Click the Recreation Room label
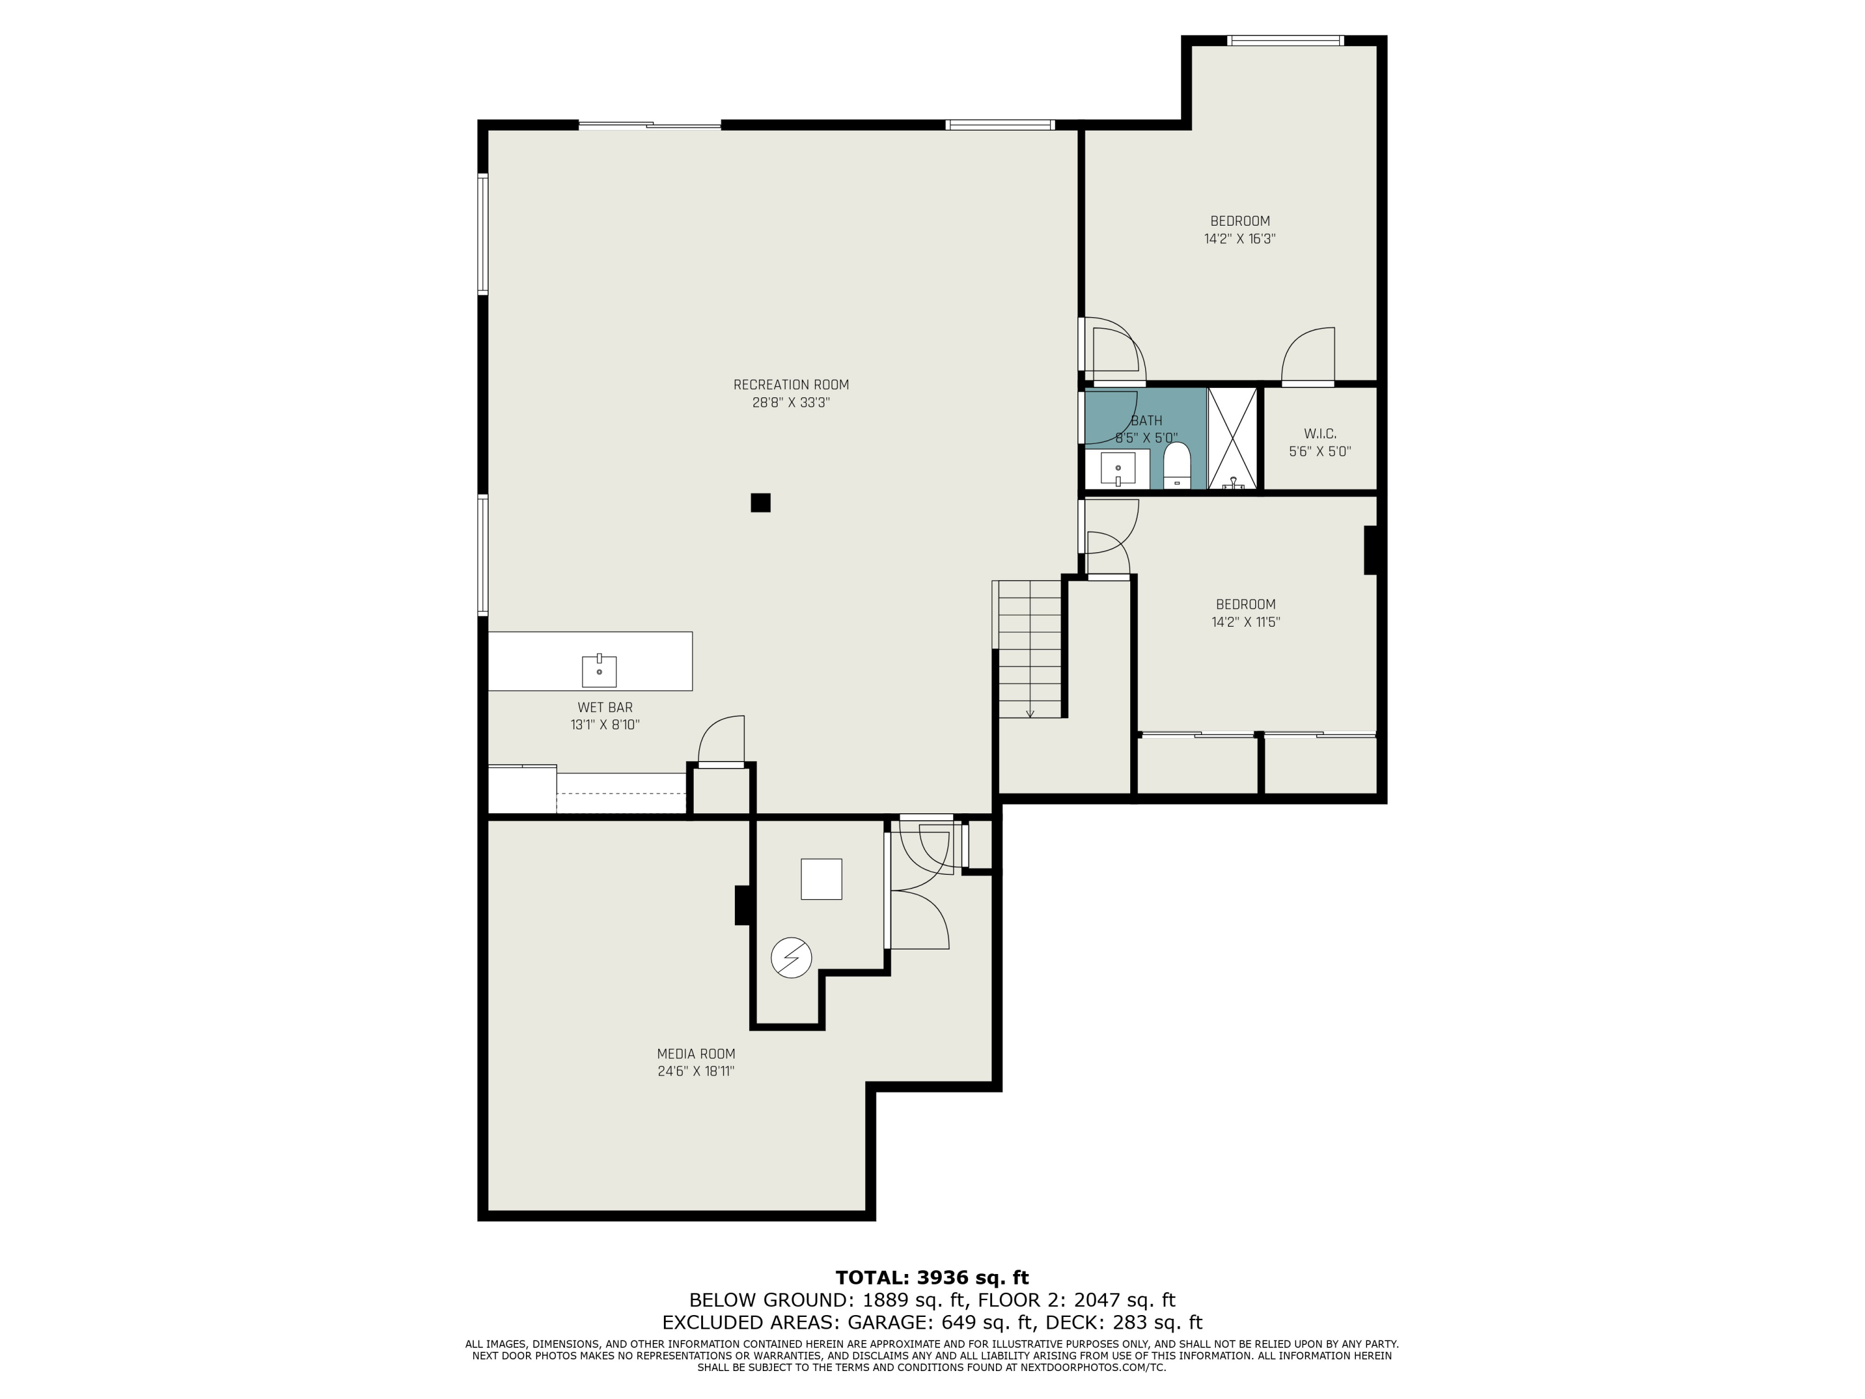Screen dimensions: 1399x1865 click(x=790, y=384)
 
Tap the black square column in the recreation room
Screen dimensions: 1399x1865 click(x=760, y=502)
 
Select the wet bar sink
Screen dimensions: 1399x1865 click(x=599, y=672)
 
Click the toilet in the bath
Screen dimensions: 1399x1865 click(x=1176, y=466)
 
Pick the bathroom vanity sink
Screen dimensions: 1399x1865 click(x=1118, y=469)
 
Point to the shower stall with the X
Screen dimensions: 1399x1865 click(x=1233, y=438)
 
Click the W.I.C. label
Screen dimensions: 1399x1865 click(x=1320, y=433)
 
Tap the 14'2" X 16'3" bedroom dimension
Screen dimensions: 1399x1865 click(x=1240, y=239)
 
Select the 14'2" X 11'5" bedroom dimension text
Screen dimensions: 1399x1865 click(x=1245, y=622)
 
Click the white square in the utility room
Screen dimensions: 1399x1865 click(x=821, y=879)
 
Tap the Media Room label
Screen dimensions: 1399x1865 click(x=696, y=1053)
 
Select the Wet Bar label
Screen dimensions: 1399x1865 click(x=604, y=708)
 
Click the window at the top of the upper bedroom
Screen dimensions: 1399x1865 click(x=1284, y=40)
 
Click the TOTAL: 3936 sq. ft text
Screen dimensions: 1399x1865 click(x=932, y=1278)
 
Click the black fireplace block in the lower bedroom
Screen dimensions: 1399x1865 click(x=1370, y=550)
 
